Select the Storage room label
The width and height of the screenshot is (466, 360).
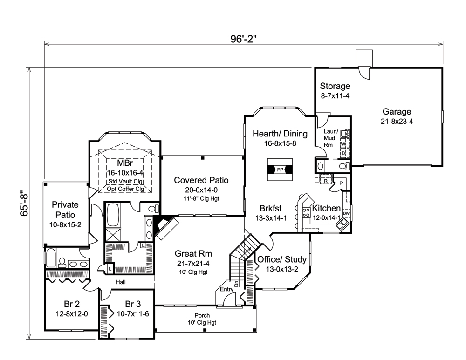335,87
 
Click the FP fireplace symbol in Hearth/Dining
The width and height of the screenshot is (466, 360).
280,170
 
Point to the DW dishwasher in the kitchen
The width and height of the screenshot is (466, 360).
346,213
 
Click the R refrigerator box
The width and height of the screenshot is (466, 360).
326,179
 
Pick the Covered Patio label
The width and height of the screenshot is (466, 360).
201,180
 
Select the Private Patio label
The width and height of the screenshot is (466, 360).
65,210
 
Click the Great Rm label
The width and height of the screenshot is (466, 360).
193,254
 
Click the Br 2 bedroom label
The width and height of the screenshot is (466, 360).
71,305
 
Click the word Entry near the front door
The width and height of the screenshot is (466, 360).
227,289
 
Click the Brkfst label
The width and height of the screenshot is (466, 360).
265,208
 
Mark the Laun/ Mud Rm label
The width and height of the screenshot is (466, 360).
331,138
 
